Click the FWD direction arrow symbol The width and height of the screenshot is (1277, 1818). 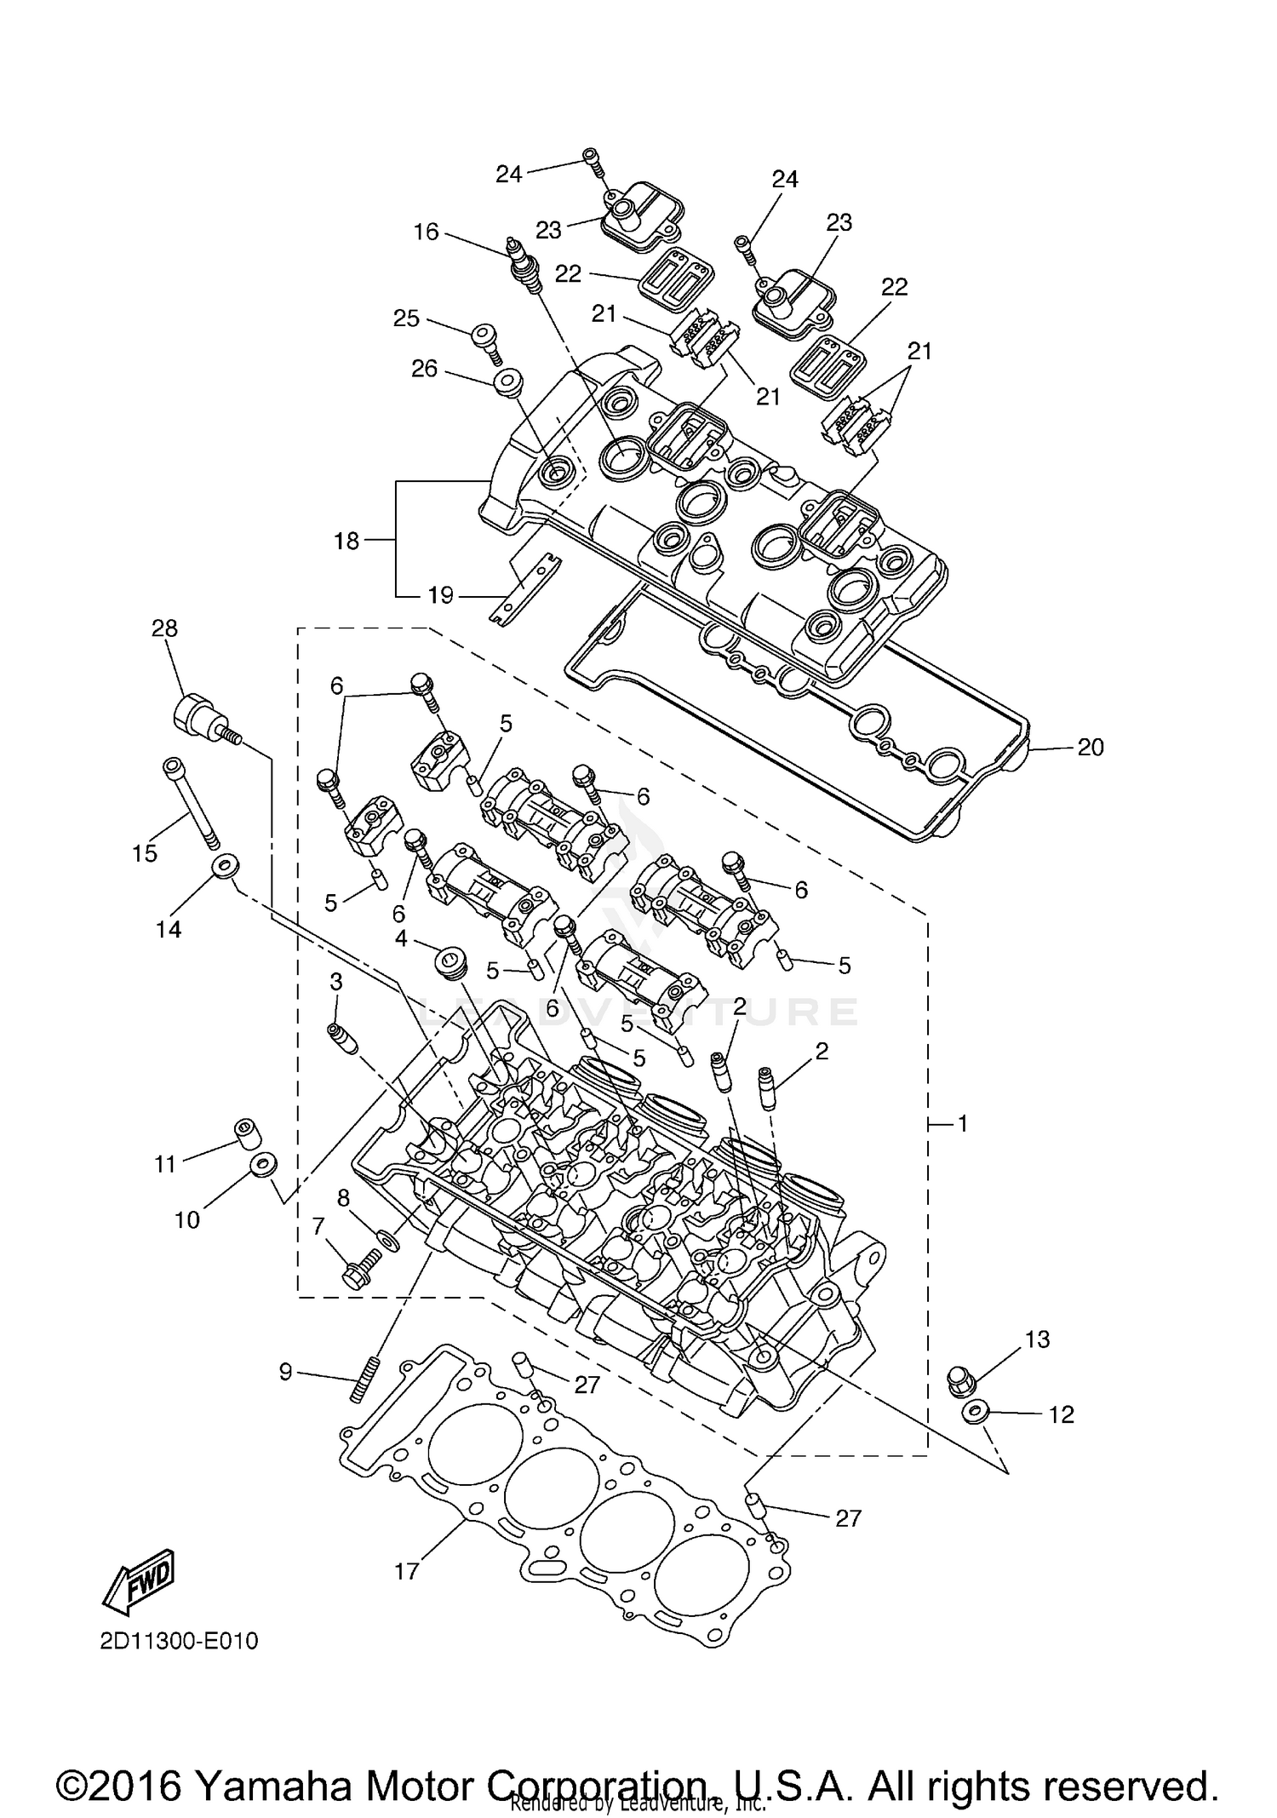click(x=140, y=1583)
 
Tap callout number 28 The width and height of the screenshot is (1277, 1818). click(x=164, y=628)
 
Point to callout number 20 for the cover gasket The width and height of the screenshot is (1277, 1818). click(x=1090, y=748)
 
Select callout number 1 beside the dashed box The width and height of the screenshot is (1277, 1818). click(x=962, y=1124)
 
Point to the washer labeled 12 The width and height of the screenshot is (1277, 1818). click(x=973, y=1413)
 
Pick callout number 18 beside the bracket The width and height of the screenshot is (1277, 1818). click(x=346, y=541)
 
